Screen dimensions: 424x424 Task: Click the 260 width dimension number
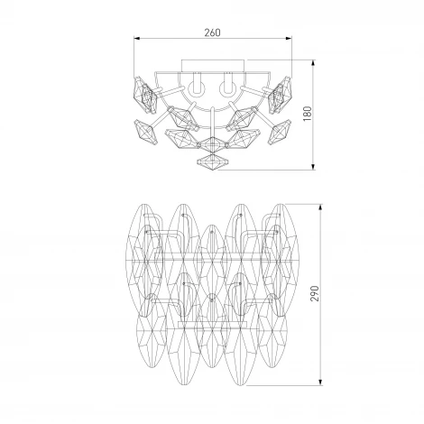pos(212,32)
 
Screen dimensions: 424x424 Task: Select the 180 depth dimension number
pos(308,114)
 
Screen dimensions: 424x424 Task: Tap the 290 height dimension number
pos(315,293)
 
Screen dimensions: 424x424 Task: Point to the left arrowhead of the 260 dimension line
pos(137,39)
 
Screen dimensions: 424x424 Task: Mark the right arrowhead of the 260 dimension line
pos(289,39)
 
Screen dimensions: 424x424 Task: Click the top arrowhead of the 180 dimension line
pos(313,63)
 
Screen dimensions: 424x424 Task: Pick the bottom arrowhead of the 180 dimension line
pos(313,167)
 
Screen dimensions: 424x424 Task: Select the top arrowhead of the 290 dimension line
pos(321,207)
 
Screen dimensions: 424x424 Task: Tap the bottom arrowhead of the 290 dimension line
pos(321,382)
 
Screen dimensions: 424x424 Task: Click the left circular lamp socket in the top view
pos(197,88)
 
